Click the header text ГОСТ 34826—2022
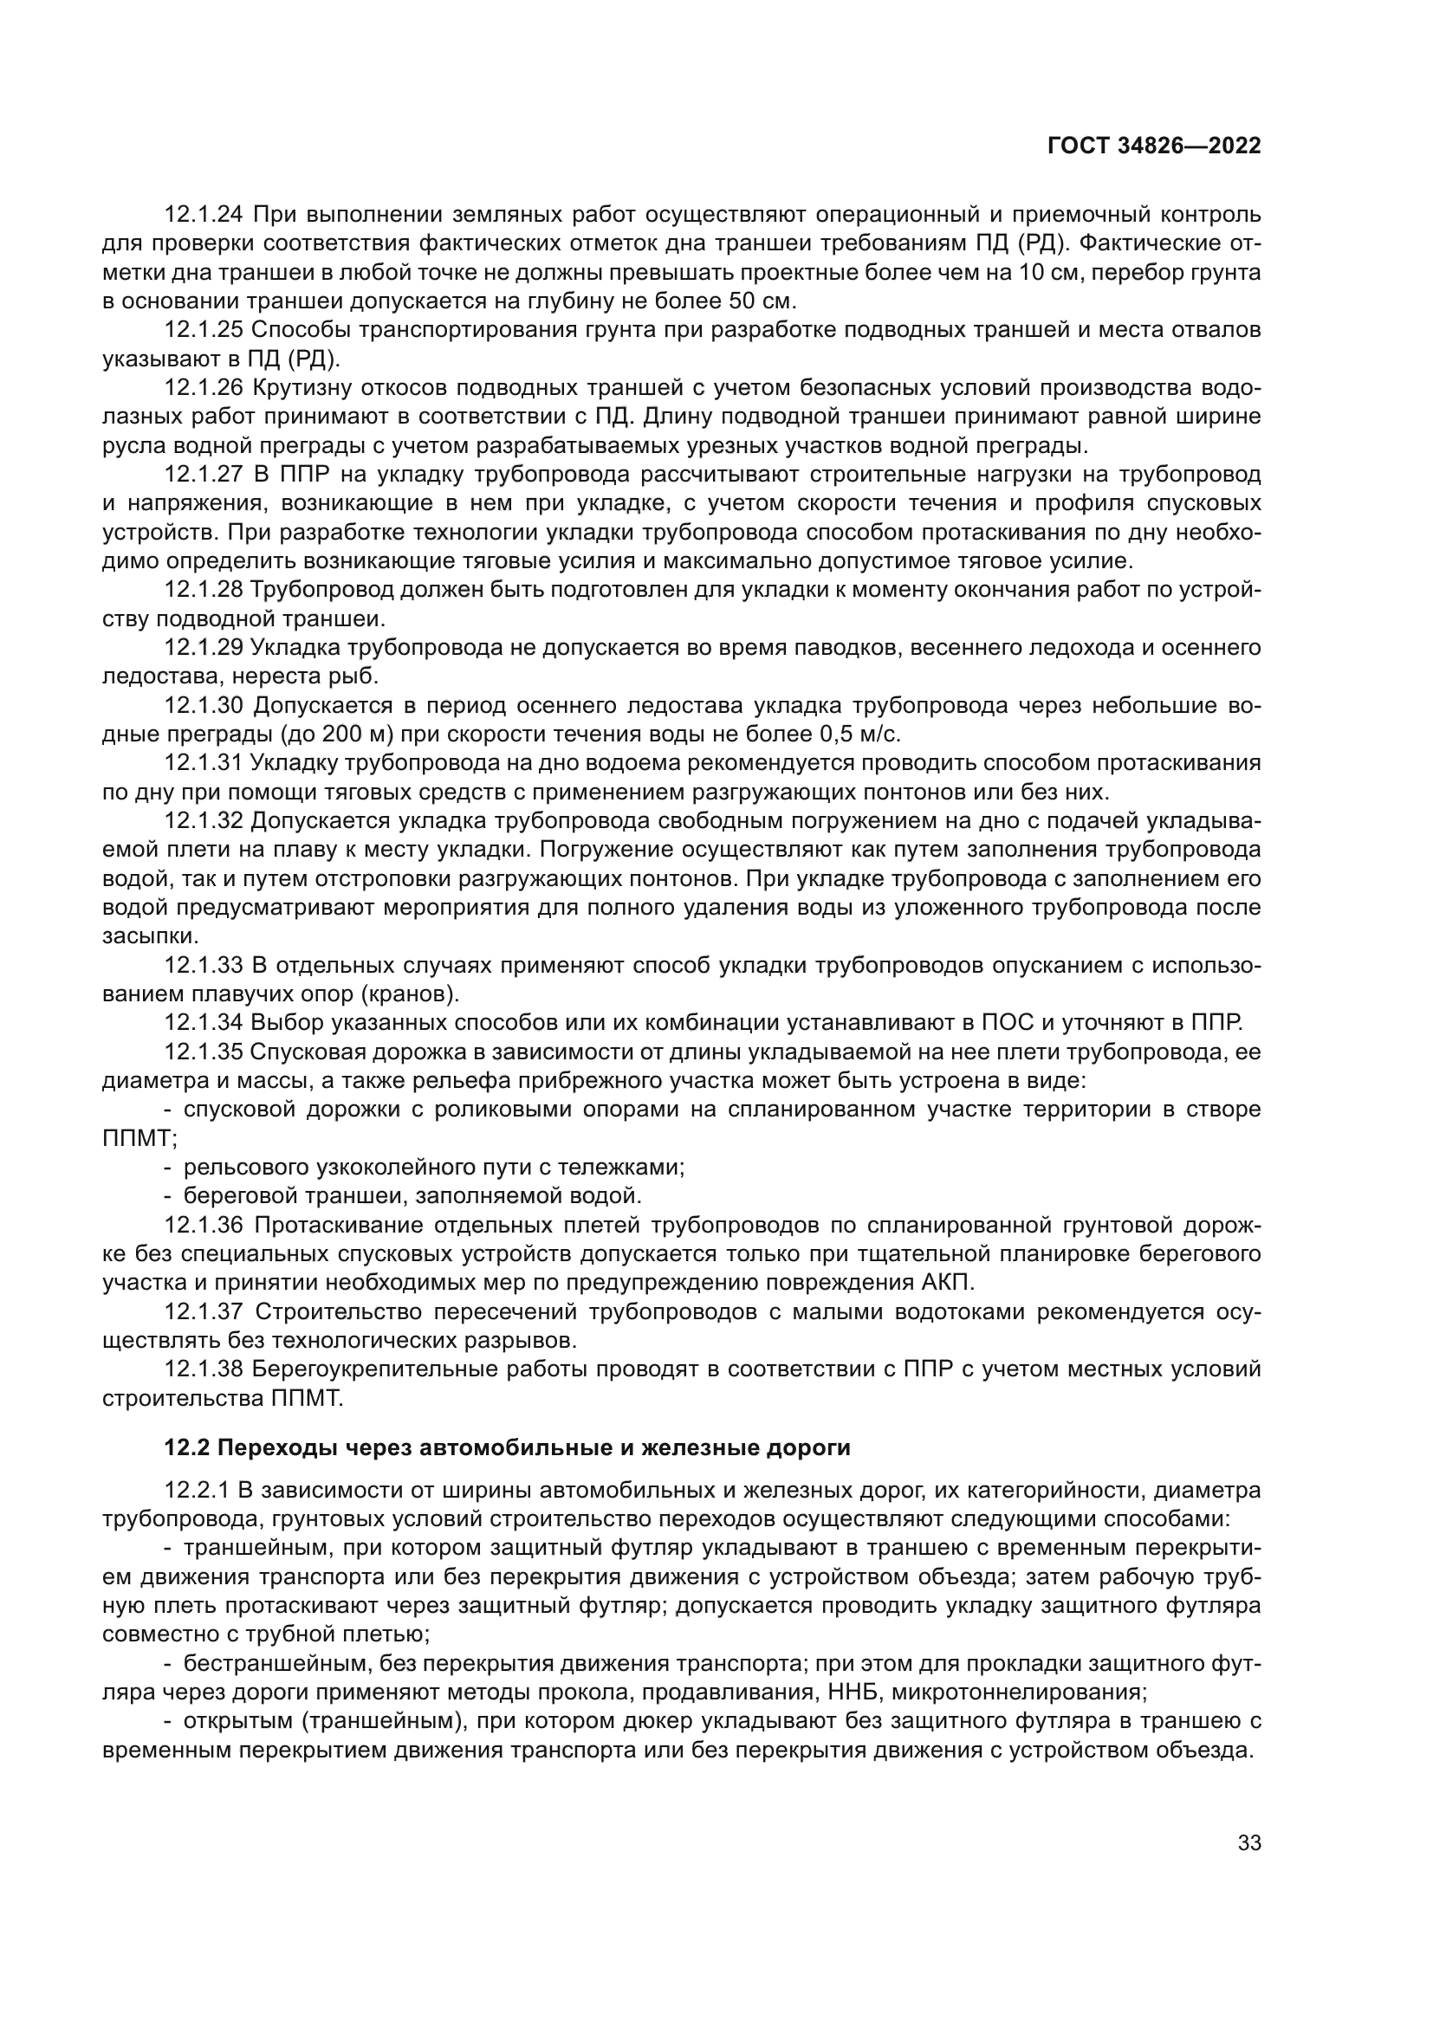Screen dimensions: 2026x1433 1154,146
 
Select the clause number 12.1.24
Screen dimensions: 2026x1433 204,215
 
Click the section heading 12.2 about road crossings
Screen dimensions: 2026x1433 508,1448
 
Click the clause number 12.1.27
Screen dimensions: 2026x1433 204,475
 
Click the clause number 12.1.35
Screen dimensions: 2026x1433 204,1052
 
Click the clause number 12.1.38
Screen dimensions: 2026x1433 204,1369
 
